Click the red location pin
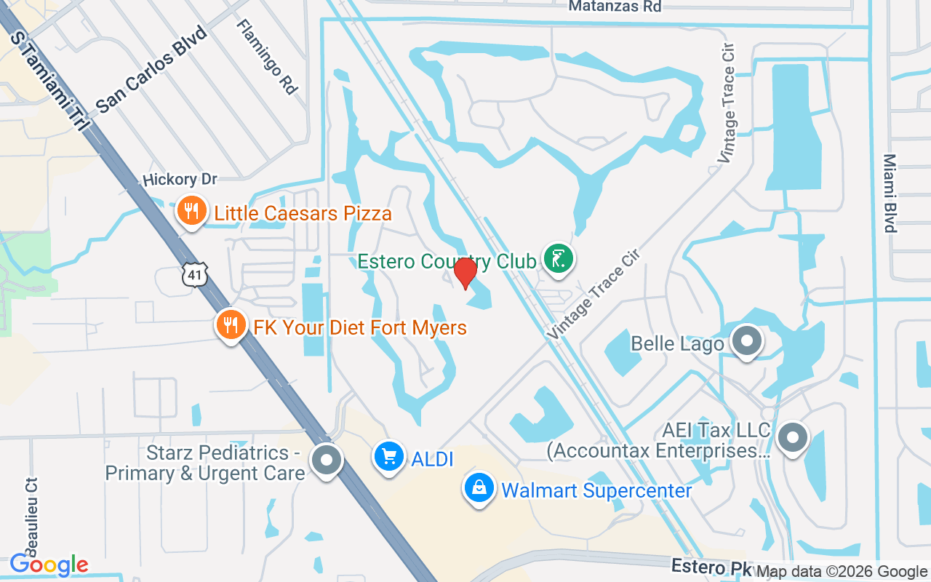(465, 273)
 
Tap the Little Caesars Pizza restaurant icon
(191, 212)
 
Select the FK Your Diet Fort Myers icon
(231, 325)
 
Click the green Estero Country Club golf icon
(558, 259)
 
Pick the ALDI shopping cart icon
(389, 457)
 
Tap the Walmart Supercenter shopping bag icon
(480, 488)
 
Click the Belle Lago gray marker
(746, 341)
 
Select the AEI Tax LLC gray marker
(793, 438)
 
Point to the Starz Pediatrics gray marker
(327, 460)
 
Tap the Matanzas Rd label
(615, 7)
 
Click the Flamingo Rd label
(267, 56)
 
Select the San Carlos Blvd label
(151, 69)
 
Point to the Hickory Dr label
(180, 179)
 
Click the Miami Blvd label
(890, 193)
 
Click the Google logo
(49, 565)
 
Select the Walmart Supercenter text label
(596, 490)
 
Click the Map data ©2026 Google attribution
(842, 572)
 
